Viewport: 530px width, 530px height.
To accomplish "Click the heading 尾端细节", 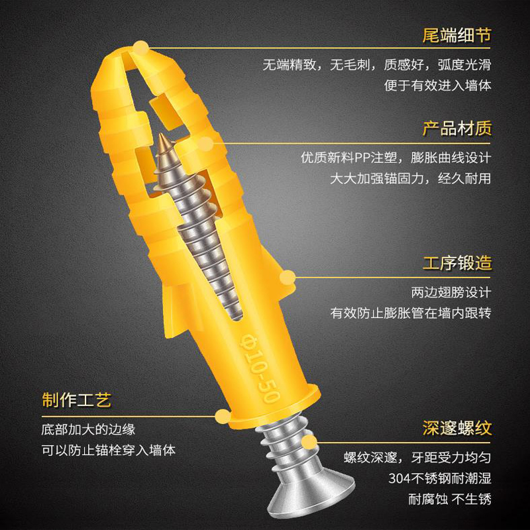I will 457,35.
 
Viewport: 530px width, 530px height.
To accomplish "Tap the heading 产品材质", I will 457,128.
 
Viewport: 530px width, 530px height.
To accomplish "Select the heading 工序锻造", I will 457,263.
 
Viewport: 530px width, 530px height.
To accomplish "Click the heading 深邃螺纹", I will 457,427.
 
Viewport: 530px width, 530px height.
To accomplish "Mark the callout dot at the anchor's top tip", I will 140,46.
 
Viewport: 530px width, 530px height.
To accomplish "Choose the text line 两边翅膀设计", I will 451,292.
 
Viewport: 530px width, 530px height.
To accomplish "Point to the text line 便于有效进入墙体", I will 438,85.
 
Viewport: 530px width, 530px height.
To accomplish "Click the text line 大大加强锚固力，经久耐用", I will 411,178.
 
